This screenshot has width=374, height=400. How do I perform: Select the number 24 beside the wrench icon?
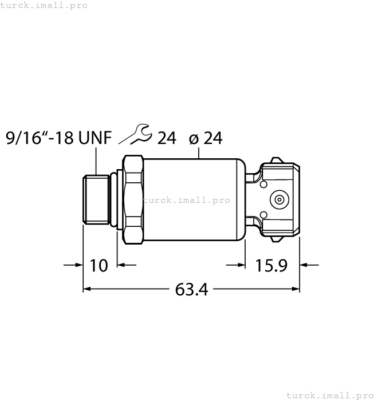166,138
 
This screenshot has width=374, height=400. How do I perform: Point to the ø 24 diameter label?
204,138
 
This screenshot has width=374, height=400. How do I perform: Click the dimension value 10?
99,266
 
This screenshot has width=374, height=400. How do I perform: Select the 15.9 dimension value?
272,266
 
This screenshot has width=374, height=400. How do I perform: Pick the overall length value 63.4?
191,290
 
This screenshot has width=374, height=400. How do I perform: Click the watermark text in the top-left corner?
44,5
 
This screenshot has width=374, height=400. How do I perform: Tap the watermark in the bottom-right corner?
329,395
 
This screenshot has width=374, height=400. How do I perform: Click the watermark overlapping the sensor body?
186,200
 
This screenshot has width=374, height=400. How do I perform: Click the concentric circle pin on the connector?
279,200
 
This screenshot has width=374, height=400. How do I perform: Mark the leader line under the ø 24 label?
199,152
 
